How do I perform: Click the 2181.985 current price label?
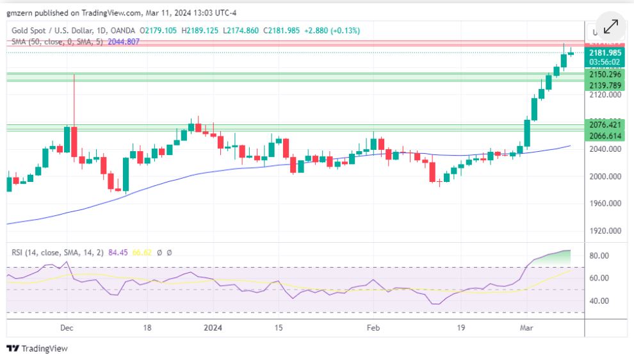click(605, 53)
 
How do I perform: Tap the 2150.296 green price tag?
click(605, 74)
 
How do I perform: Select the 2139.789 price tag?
click(605, 85)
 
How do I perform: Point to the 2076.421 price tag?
click(605, 124)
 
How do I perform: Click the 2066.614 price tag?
click(605, 136)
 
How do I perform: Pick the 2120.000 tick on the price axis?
click(605, 95)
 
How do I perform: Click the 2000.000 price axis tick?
click(605, 176)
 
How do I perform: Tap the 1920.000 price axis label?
click(605, 231)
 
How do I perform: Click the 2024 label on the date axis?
click(213, 327)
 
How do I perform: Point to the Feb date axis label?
click(373, 327)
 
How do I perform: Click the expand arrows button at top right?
click(611, 26)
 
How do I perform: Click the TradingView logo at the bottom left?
click(37, 348)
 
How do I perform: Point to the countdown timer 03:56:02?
click(605, 62)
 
